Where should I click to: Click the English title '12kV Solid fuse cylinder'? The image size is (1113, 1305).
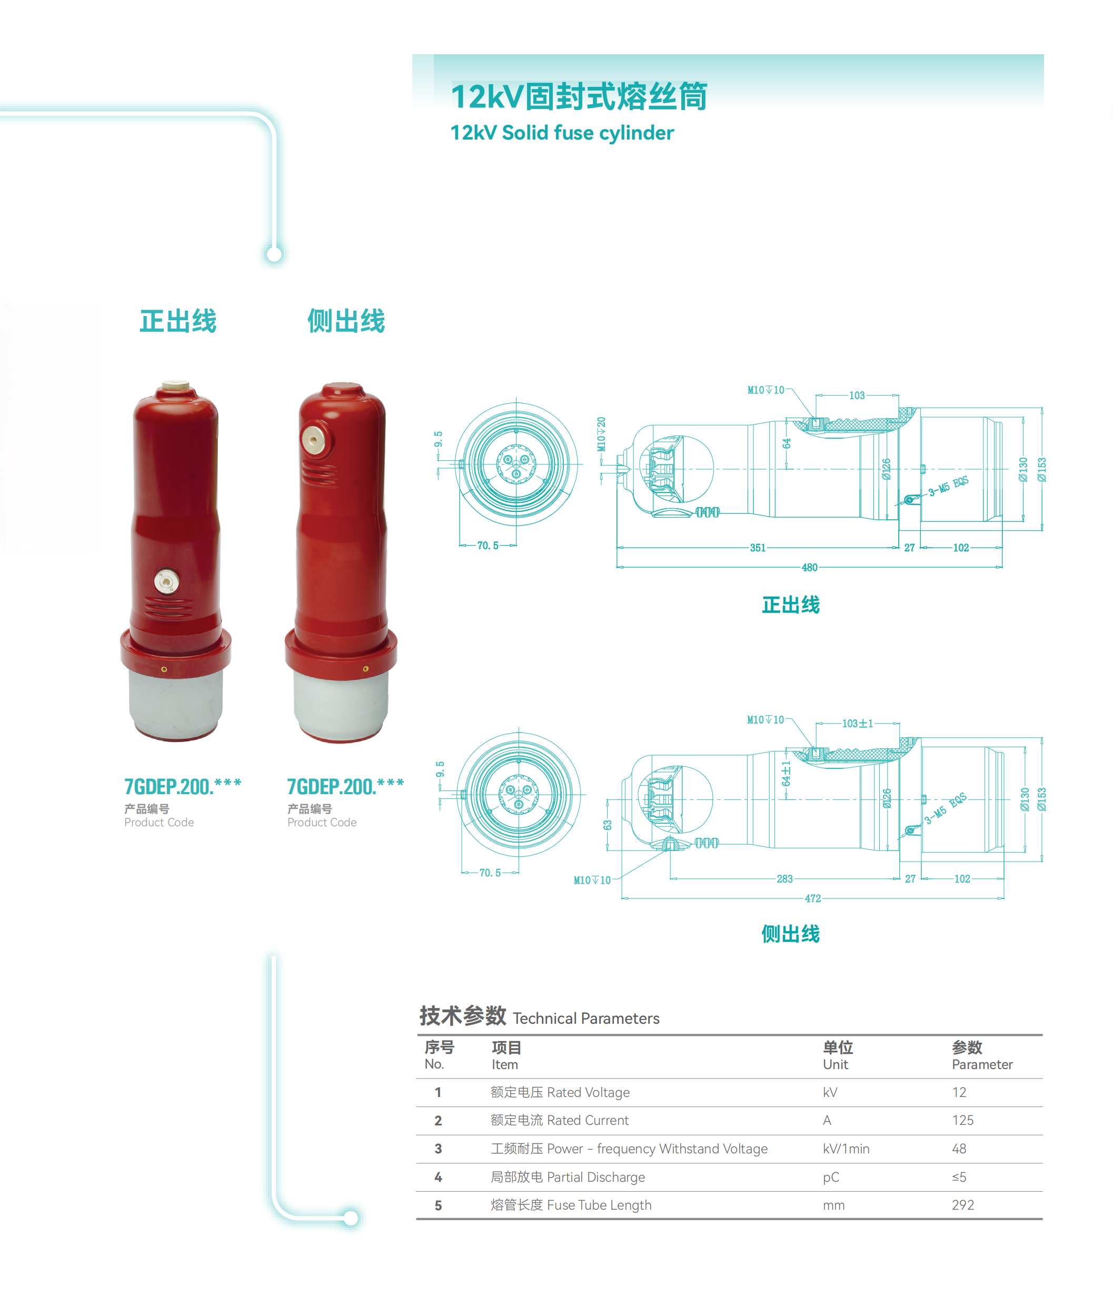pyautogui.click(x=562, y=133)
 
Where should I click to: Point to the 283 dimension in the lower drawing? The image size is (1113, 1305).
pyautogui.click(x=784, y=878)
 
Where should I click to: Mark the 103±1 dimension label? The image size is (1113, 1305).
pyautogui.click(x=858, y=723)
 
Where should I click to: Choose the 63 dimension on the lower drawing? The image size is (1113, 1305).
pyautogui.click(x=608, y=824)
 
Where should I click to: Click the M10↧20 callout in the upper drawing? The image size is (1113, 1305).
pyautogui.click(x=601, y=434)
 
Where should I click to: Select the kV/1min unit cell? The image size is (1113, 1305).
pyautogui.click(x=846, y=1148)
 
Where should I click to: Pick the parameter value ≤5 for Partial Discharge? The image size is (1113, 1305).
pyautogui.click(x=959, y=1177)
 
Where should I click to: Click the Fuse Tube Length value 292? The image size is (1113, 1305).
pyautogui.click(x=962, y=1205)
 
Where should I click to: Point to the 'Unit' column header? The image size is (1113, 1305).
pyautogui.click(x=835, y=1064)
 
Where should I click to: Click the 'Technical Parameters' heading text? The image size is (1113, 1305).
pyautogui.click(x=586, y=1019)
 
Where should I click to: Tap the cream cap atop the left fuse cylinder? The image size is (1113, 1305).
pyautogui.click(x=176, y=385)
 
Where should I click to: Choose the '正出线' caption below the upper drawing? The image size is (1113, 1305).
pyautogui.click(x=791, y=605)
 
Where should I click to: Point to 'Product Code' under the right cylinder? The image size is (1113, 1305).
pyautogui.click(x=322, y=822)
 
